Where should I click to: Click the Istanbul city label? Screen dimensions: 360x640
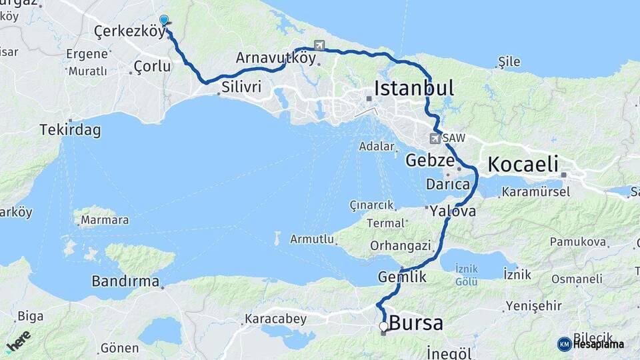click(x=414, y=88)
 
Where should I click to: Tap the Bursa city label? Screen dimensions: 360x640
click(x=415, y=323)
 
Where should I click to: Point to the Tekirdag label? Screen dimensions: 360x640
click(x=70, y=130)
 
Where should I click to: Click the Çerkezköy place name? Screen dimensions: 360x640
click(x=129, y=31)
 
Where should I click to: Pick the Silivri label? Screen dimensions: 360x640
click(x=241, y=87)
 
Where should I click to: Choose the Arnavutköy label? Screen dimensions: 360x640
click(x=275, y=58)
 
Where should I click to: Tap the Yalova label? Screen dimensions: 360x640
click(x=453, y=211)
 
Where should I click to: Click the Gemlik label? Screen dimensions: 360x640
click(x=402, y=276)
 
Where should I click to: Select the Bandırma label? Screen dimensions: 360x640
click(x=125, y=281)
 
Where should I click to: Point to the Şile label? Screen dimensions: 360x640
click(x=509, y=62)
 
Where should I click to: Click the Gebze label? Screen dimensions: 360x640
click(x=430, y=161)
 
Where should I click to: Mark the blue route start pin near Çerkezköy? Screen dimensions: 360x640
click(x=164, y=21)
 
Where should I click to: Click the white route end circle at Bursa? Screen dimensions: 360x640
click(x=383, y=327)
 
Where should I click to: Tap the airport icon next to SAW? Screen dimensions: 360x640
click(x=435, y=139)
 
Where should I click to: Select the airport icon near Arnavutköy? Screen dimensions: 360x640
click(x=319, y=45)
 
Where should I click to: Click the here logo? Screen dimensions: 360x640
click(x=18, y=341)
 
